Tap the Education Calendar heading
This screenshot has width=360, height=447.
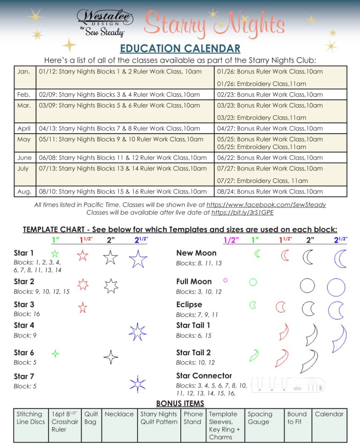[x=180, y=48]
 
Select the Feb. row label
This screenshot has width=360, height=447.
[x=24, y=95]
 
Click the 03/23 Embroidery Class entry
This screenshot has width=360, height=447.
[x=262, y=118]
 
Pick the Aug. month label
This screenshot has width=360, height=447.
[x=24, y=191]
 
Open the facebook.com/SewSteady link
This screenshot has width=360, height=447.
[x=266, y=205]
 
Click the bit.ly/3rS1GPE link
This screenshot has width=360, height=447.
[x=243, y=213]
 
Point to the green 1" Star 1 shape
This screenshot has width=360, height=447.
[x=55, y=254]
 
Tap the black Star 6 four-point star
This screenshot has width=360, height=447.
[x=111, y=357]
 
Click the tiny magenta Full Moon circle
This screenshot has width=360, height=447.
[x=225, y=280]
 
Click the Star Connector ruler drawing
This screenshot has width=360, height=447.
[x=288, y=385]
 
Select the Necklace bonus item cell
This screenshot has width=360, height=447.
[x=119, y=414]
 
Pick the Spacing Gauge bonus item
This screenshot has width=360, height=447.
[x=260, y=418]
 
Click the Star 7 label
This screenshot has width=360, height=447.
[x=24, y=376]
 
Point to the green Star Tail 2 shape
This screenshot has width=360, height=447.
[x=254, y=355]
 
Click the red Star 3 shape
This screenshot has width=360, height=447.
[x=83, y=308]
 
